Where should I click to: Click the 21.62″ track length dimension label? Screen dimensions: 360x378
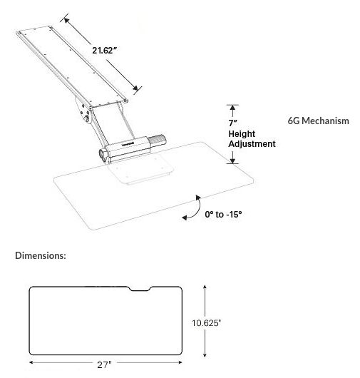pos(105,51)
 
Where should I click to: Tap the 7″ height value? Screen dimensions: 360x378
pos(233,123)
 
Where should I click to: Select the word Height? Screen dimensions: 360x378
pos(242,134)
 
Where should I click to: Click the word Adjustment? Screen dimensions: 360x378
pos(252,144)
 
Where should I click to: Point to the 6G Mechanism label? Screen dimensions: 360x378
pos(319,121)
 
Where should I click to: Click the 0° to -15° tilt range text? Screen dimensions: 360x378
pos(223,214)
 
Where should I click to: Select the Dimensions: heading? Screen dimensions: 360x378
pos(41,255)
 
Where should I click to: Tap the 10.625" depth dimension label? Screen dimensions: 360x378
pos(206,323)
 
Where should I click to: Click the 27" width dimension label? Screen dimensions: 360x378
pos(105,364)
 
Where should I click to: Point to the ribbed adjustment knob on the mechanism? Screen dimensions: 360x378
pos(157,141)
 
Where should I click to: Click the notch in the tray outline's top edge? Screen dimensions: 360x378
pos(140,289)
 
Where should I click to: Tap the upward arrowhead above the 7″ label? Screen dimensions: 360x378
pos(232,108)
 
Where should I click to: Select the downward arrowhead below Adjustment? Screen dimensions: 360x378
pos(232,160)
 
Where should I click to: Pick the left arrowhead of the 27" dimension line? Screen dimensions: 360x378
pos(31,362)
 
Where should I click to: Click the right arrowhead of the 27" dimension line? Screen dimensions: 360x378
pos(180,362)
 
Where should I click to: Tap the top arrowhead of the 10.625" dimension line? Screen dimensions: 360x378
pos(205,287)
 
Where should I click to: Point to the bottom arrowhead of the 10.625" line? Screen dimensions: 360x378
pos(205,355)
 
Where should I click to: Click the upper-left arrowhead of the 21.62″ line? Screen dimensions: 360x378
pos(66,20)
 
